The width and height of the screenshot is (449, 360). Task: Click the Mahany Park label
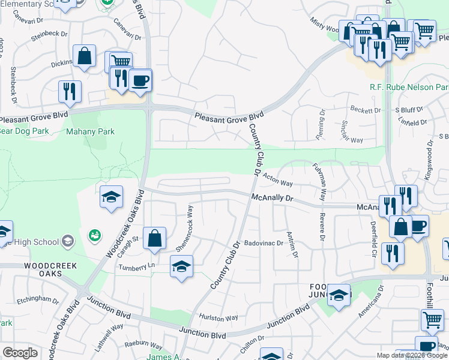pyautogui.click(x=90, y=131)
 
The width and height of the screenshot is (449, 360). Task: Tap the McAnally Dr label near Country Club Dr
pyautogui.click(x=271, y=197)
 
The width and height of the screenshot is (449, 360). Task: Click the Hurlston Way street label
pyautogui.click(x=219, y=317)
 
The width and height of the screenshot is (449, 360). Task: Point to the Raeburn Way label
pyautogui.click(x=143, y=346)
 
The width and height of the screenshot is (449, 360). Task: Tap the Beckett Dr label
pyautogui.click(x=366, y=110)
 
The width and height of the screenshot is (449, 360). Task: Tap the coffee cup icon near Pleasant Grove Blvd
pyautogui.click(x=140, y=80)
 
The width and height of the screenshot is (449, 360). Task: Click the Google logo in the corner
pyautogui.click(x=20, y=353)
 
